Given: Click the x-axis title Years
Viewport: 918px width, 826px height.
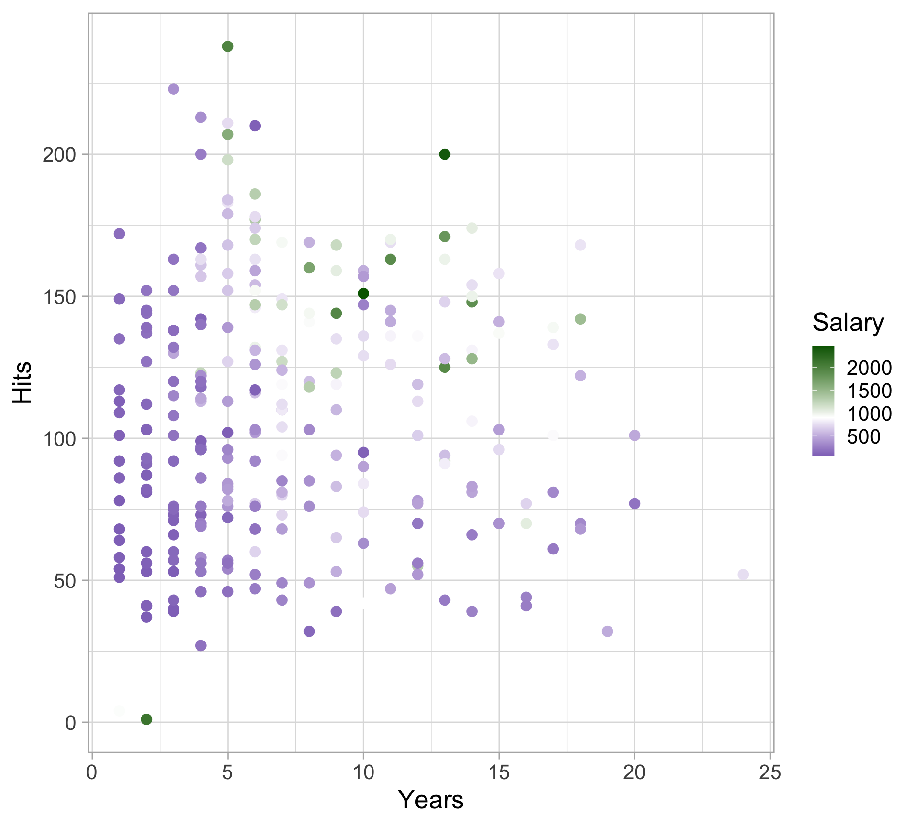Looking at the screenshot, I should [x=431, y=799].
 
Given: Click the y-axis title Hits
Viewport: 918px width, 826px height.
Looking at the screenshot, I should [x=22, y=383].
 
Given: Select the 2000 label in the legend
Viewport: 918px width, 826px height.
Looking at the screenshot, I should [x=869, y=368].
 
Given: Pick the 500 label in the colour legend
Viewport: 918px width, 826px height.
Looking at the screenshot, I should [x=863, y=437].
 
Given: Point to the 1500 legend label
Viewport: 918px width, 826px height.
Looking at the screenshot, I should [x=869, y=391].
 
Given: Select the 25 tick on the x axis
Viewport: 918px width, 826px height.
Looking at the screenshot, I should [x=770, y=772].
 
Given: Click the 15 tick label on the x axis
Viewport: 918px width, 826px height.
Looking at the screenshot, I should [x=499, y=772].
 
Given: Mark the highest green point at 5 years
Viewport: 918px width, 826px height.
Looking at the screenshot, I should [x=228, y=46].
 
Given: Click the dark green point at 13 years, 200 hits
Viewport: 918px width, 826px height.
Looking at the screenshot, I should [x=445, y=154].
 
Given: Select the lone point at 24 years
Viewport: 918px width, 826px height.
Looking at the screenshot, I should [x=743, y=575].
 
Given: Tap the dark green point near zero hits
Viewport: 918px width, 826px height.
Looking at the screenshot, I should [x=146, y=719].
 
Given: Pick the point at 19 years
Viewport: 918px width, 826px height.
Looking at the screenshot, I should [x=607, y=631].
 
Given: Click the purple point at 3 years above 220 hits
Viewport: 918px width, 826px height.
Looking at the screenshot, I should [x=174, y=89].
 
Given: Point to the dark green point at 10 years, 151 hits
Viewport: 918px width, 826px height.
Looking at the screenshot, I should [x=363, y=293].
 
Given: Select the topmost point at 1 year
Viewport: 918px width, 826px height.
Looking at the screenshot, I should [x=119, y=234].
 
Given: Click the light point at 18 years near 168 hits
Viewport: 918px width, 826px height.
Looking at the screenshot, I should [x=580, y=245].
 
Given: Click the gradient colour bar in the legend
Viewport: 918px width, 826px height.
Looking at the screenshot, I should [x=823, y=401].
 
